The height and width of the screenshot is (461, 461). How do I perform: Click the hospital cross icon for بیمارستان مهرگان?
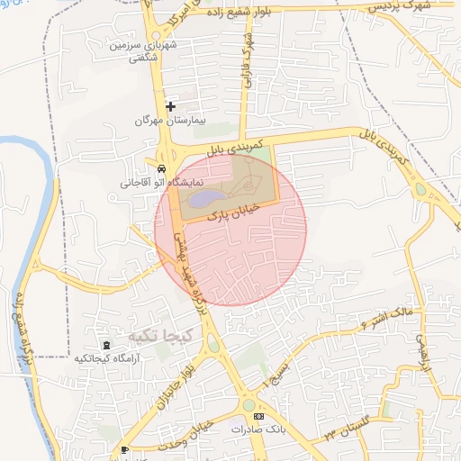click(170, 106)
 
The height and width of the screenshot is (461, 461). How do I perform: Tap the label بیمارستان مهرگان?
click(170, 120)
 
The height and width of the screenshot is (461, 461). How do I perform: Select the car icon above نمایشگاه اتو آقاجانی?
click(160, 168)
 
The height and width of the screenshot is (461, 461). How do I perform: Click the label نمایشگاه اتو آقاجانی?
click(158, 182)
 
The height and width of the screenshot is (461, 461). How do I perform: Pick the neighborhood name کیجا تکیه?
click(160, 335)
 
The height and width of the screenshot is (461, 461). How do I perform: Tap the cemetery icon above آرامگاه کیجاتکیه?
click(107, 346)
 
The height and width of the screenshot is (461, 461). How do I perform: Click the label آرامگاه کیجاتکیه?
click(106, 358)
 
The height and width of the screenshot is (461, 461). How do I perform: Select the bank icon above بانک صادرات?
click(259, 417)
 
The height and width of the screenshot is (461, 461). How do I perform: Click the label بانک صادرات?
click(250, 429)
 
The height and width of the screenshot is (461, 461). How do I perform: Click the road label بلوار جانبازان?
click(176, 377)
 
